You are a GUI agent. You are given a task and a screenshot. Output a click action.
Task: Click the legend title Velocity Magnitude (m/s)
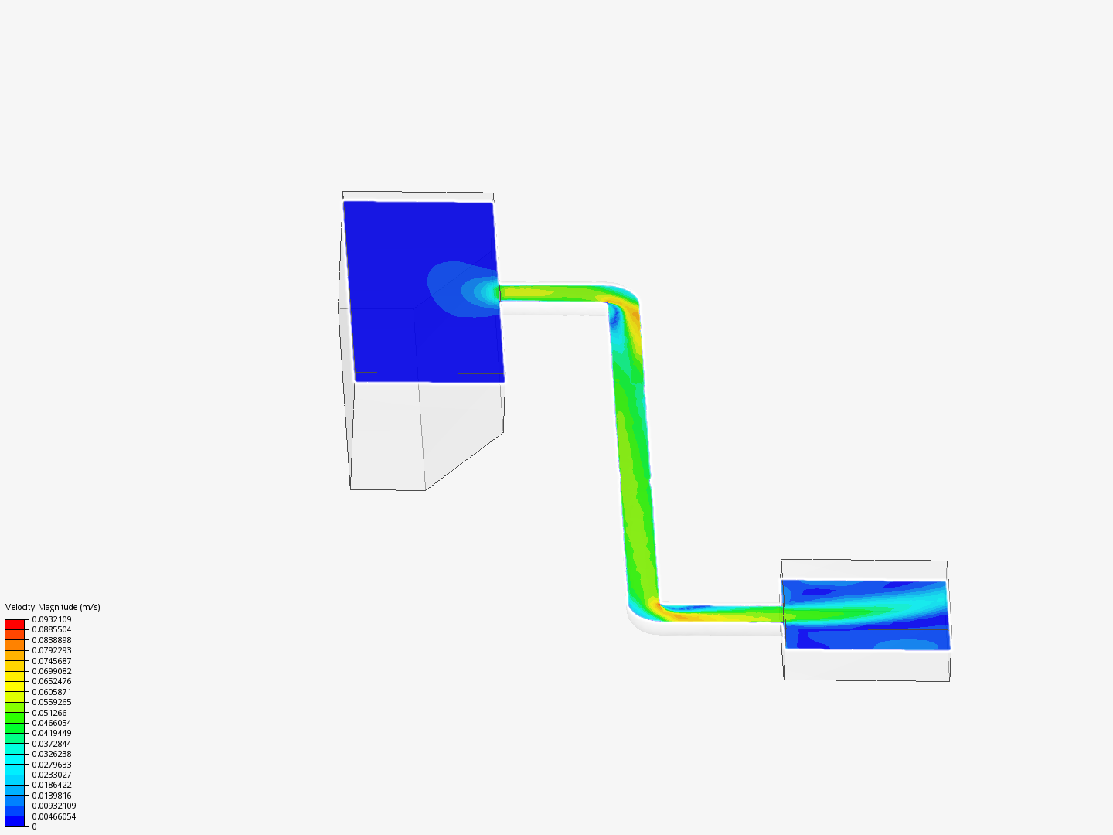click(53, 607)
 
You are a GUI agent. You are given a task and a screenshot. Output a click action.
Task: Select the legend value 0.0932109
click(52, 619)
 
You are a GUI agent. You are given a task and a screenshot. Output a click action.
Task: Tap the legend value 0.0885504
click(52, 629)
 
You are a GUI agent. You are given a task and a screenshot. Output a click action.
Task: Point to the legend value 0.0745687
click(52, 661)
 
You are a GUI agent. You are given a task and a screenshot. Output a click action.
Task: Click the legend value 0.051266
click(49, 713)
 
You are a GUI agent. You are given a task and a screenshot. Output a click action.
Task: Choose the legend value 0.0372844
click(52, 744)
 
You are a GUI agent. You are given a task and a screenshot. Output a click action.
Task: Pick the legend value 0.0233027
click(52, 775)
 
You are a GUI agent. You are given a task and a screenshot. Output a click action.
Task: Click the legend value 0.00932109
click(54, 806)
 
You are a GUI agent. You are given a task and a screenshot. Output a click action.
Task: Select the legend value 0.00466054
click(54, 816)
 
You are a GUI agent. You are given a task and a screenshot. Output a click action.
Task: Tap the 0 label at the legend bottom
click(35, 826)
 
